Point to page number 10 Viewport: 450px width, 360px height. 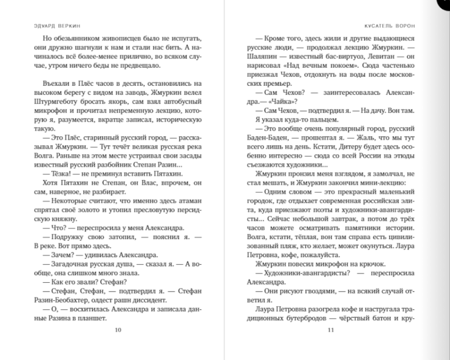(119, 330)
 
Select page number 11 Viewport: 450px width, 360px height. (331, 330)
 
